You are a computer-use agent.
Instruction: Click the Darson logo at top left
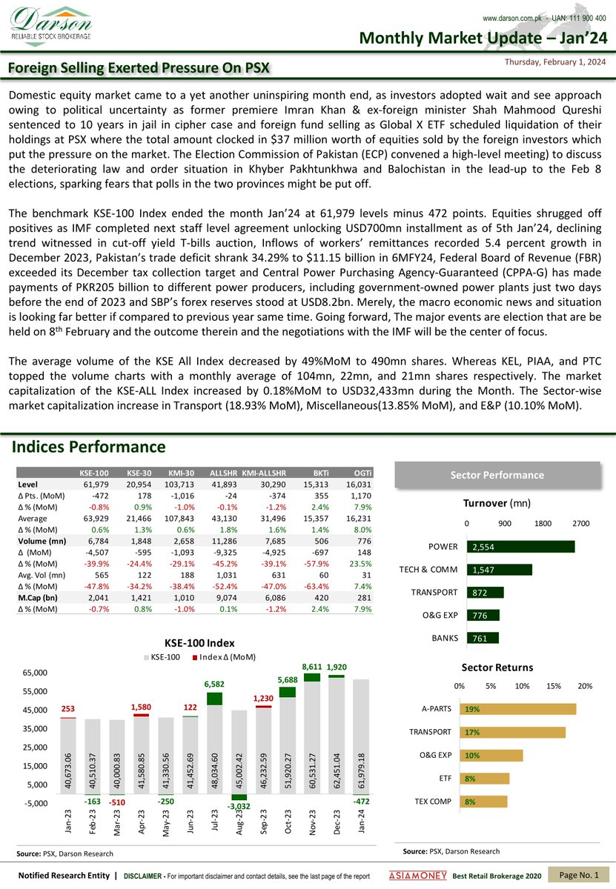(50, 25)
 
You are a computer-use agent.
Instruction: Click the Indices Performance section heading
(88, 447)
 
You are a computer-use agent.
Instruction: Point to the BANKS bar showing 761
(483, 638)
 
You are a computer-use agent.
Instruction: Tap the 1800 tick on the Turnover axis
(543, 524)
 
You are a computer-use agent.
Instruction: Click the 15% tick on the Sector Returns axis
(553, 686)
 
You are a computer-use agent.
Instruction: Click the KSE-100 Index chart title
(200, 644)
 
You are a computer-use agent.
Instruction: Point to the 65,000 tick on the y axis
(36, 673)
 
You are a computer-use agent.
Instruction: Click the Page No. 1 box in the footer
(579, 876)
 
